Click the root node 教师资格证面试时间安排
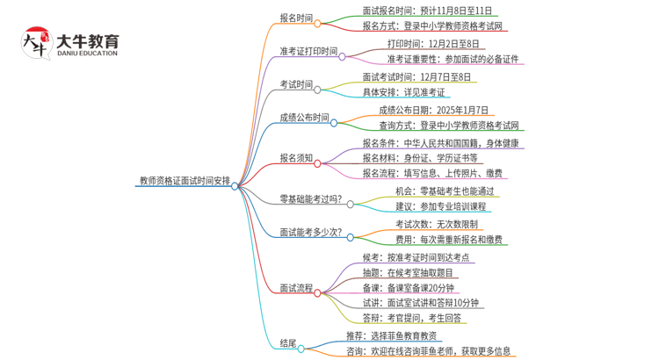click(185, 181)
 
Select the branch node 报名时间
click(295, 18)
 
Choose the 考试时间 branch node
click(295, 84)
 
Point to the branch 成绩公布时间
click(304, 118)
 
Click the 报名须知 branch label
click(295, 158)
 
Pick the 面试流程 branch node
click(295, 287)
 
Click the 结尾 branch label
click(287, 342)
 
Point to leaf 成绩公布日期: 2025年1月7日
click(435, 110)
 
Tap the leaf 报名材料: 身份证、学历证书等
click(420, 158)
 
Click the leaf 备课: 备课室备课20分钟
click(409, 287)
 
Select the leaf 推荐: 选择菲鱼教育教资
click(391, 335)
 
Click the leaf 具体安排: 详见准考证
click(403, 92)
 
